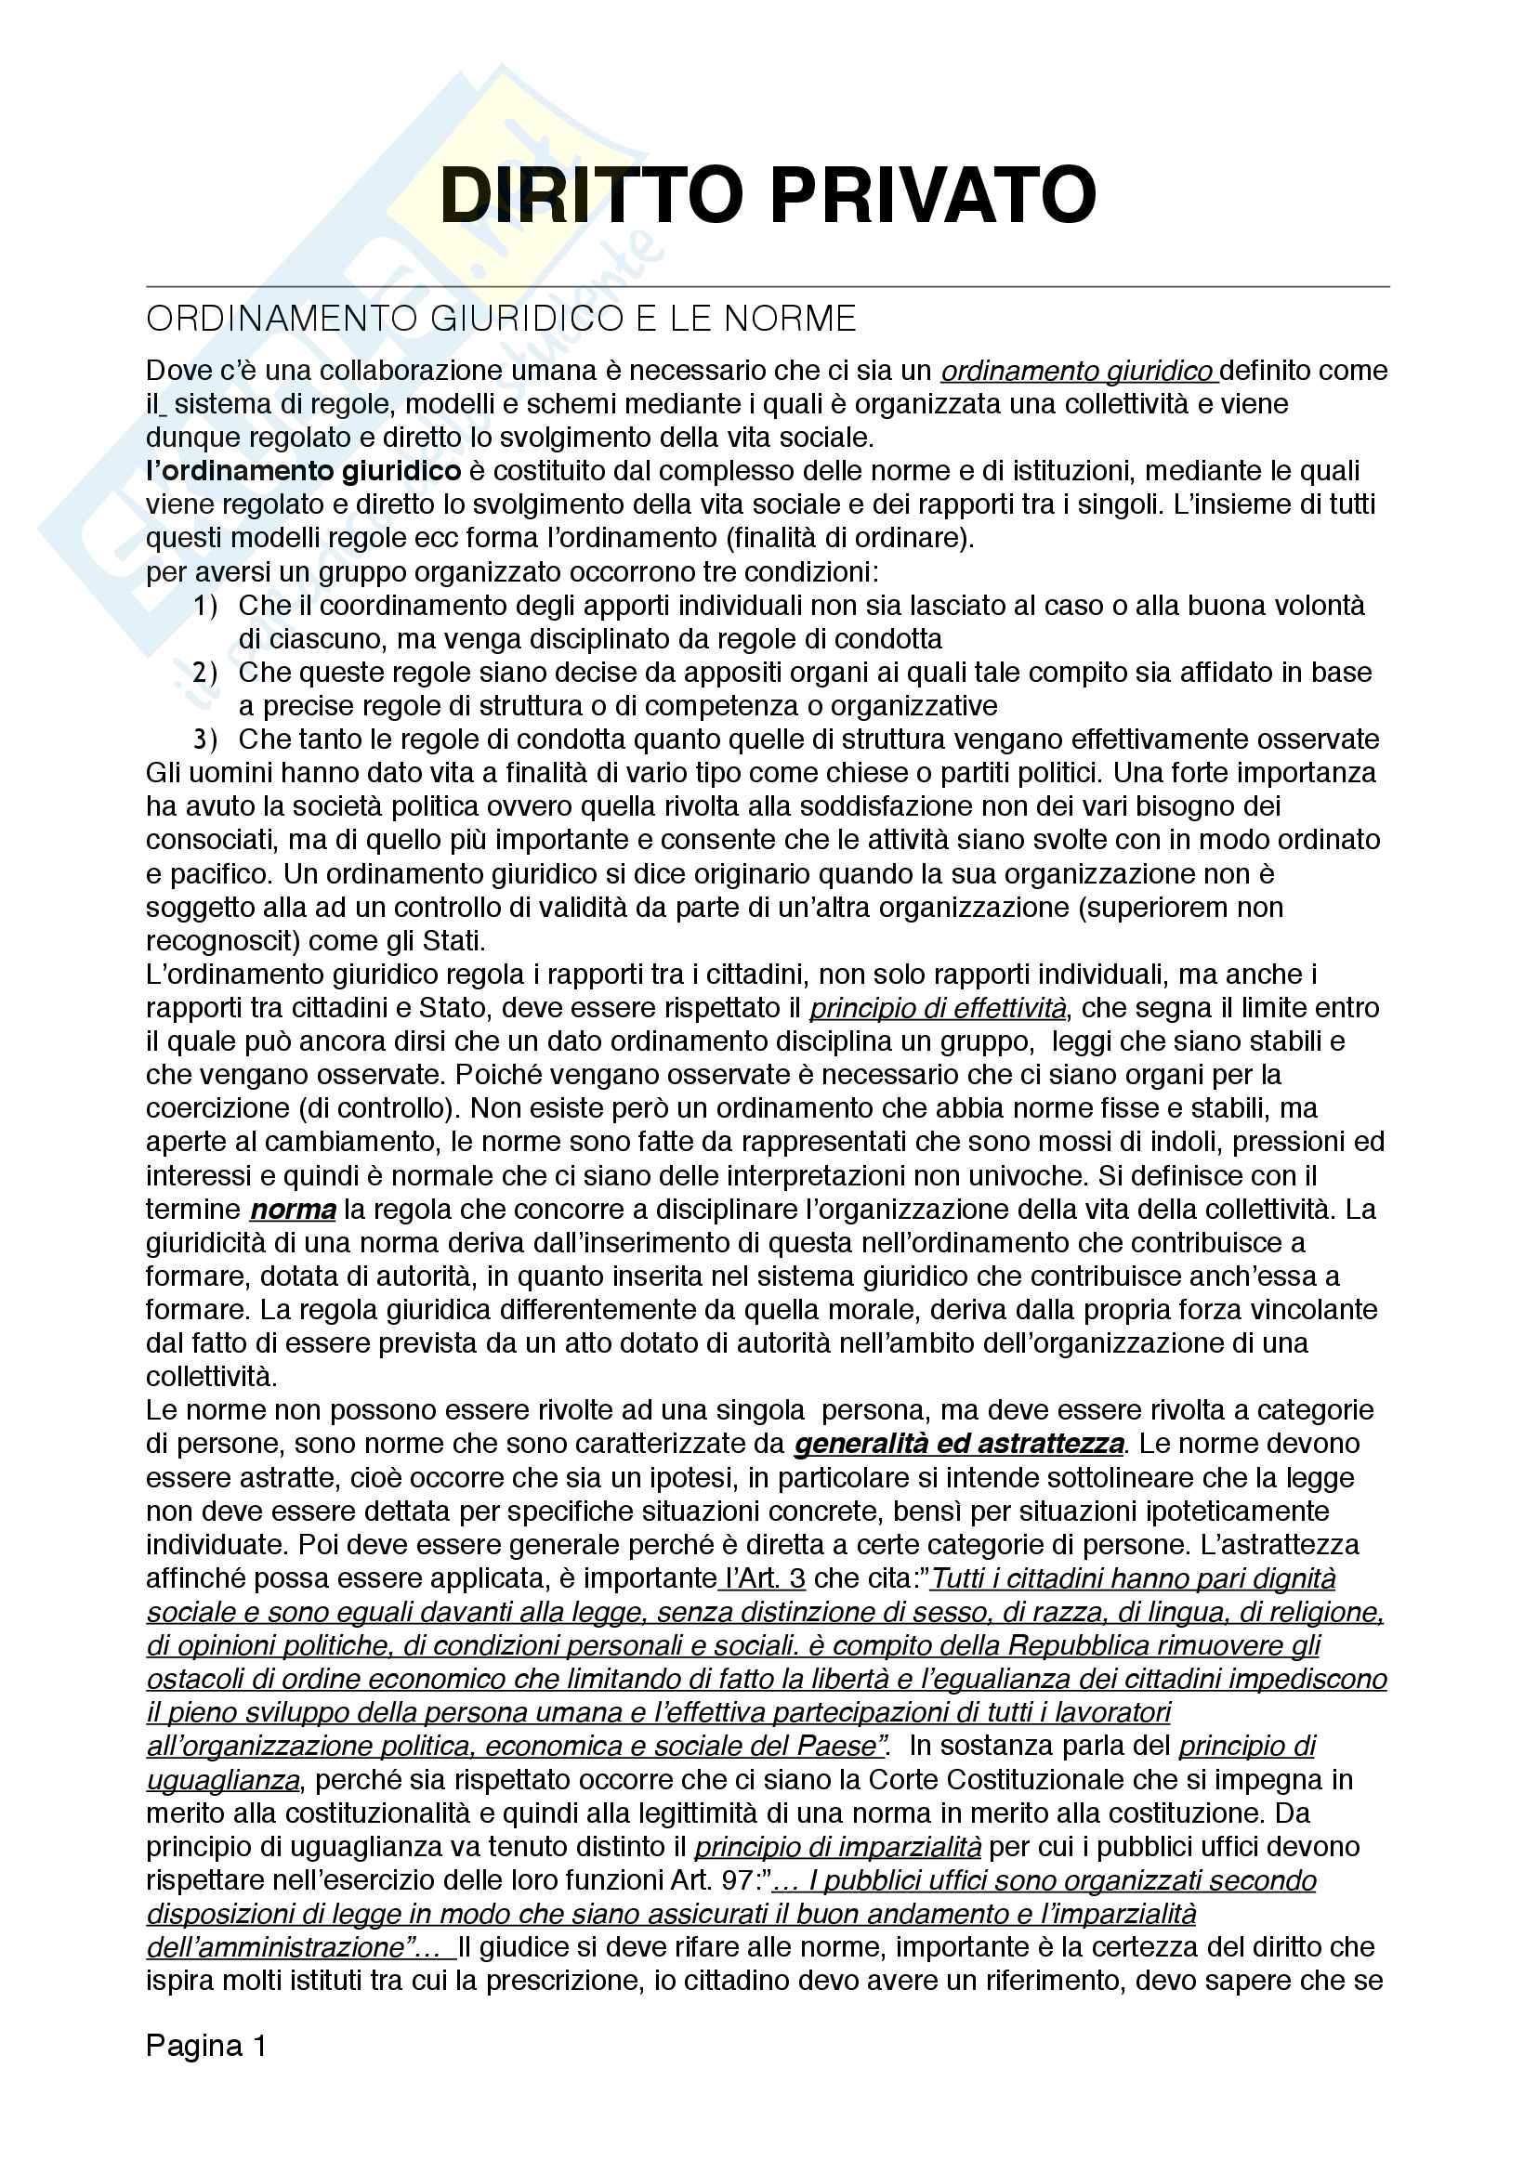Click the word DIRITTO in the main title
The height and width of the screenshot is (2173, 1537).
592,195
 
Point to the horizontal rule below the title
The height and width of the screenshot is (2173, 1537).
768,286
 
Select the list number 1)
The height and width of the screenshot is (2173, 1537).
205,606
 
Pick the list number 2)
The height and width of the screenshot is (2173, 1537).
205,673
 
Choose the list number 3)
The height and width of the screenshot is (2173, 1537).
205,740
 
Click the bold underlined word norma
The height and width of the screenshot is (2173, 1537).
293,1210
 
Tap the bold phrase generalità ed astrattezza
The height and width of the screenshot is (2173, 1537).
959,1445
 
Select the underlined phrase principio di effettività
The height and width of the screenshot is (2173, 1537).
937,1008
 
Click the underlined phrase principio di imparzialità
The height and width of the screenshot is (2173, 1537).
837,1847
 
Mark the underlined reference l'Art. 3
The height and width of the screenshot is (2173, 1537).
763,1578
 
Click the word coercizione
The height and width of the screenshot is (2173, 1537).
217,1108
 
